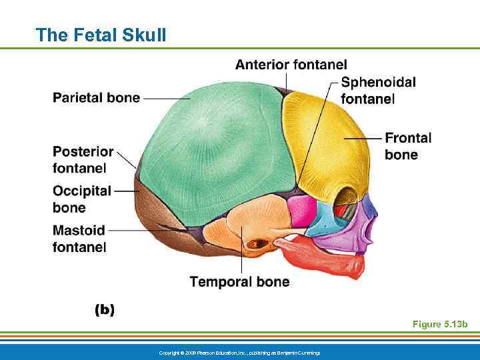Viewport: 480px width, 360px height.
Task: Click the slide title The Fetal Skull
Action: pos(101,35)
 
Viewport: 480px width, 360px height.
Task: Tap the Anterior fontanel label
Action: pos(291,65)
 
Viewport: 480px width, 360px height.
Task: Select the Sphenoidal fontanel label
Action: pos(378,90)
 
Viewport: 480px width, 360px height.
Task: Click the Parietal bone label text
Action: pos(96,98)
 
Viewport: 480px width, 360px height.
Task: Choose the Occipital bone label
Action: pos(81,199)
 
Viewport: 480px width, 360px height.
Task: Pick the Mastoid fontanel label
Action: pos(79,239)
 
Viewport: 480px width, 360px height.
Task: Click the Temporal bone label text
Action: pos(239,282)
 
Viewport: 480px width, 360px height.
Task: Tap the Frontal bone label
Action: pos(408,146)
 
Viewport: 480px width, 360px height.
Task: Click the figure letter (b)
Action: pos(104,309)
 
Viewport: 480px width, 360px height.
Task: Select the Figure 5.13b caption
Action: pos(440,325)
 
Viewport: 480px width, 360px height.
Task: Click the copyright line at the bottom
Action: pos(239,352)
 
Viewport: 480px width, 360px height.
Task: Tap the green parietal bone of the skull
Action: pos(213,147)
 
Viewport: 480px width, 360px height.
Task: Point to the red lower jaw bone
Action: pos(327,260)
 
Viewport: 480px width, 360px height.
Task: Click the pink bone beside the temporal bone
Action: pos(301,210)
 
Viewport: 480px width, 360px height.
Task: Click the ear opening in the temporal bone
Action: pos(257,245)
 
